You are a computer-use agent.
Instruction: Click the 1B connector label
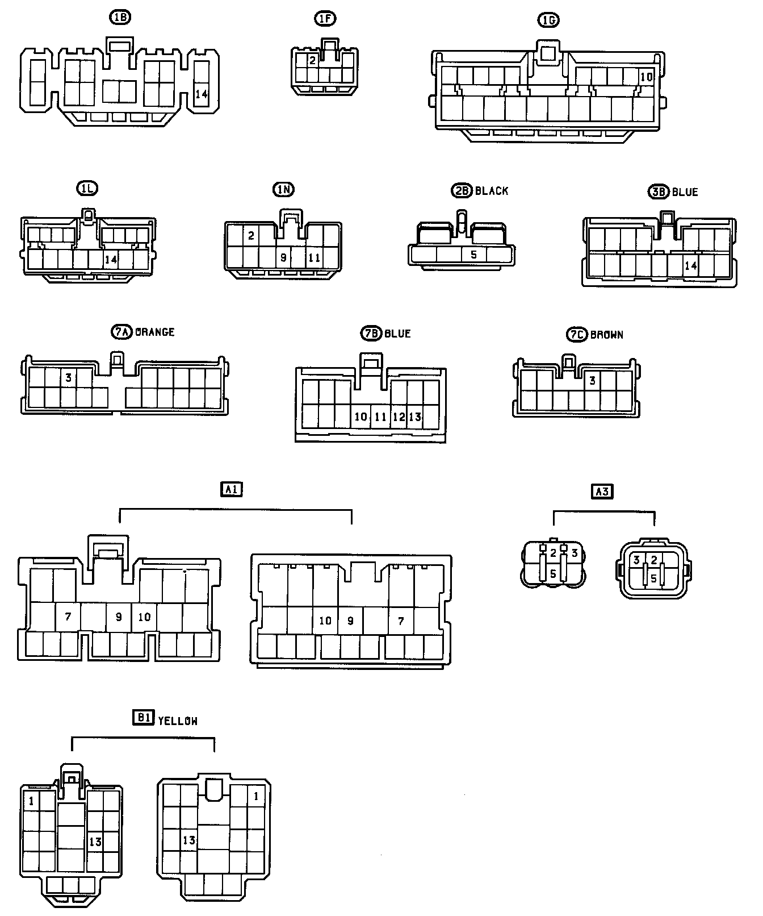point(120,17)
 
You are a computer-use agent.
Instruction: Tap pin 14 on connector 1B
point(202,94)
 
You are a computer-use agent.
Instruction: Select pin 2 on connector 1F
point(312,60)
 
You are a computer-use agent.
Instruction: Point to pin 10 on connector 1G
point(646,77)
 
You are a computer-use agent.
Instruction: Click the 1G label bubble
point(548,20)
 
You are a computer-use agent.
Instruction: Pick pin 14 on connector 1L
point(111,260)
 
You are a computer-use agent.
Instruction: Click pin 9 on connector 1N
point(283,257)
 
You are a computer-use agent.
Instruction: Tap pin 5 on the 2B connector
point(474,255)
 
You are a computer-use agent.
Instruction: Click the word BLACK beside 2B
point(492,191)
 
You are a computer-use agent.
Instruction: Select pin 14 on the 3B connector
point(691,265)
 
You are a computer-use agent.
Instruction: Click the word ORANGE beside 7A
point(154,332)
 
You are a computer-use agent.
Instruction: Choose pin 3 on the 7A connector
point(68,377)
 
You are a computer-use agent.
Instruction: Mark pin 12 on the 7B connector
point(399,417)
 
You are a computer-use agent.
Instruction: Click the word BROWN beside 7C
point(607,335)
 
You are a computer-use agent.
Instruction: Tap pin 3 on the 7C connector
point(592,380)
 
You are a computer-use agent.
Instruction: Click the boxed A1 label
point(231,489)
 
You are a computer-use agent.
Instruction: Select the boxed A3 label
point(602,491)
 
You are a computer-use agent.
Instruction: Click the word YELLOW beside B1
point(178,721)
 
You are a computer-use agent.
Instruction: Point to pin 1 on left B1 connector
point(31,801)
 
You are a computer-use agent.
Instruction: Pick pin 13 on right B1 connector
point(189,840)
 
